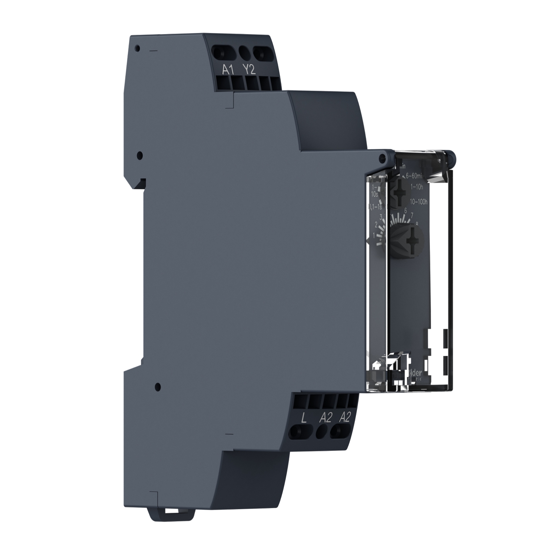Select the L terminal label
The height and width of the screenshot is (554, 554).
[x=304, y=418]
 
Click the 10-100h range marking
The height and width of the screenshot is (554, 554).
[x=418, y=201]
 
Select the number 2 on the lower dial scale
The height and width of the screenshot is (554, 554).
[x=376, y=225]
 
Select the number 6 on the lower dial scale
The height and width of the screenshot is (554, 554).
[x=406, y=211]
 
